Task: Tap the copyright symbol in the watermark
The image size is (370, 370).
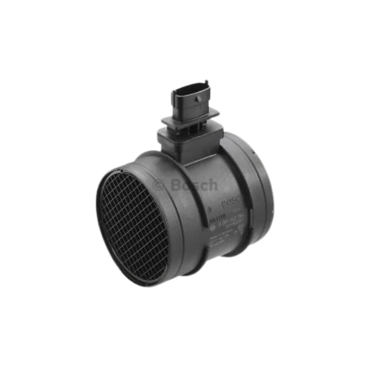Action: [x=158, y=185]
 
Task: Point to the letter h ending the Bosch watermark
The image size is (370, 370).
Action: [x=213, y=184]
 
